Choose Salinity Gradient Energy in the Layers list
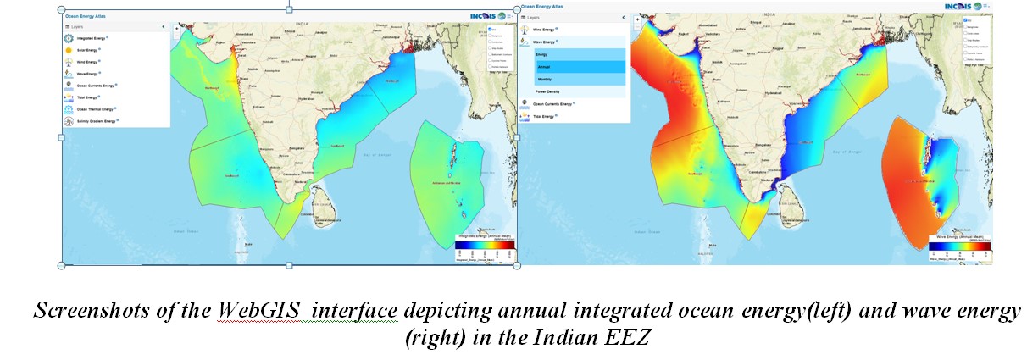tap(96, 121)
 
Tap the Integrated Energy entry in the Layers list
tap(91, 38)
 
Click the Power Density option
tap(548, 91)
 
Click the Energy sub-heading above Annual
tap(542, 54)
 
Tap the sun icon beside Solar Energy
tap(67, 50)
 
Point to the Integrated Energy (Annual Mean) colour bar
tap(485, 245)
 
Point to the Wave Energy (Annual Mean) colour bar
tap(960, 246)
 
